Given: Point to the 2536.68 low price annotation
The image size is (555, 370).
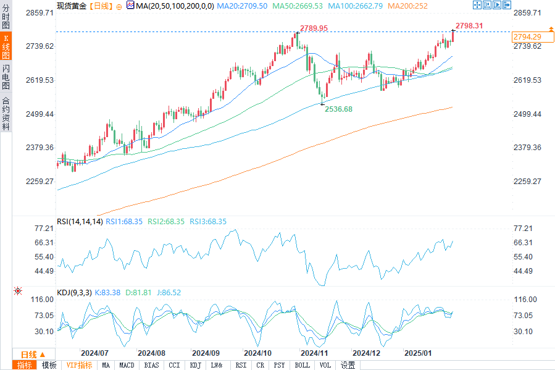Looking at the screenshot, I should tap(338, 109).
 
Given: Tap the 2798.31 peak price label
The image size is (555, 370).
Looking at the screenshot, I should tap(469, 26).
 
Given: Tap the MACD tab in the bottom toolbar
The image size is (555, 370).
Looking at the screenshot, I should tap(127, 365).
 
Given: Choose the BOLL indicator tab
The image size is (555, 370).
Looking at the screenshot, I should tap(302, 365).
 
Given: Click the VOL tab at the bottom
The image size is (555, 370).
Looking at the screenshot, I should tap(325, 365).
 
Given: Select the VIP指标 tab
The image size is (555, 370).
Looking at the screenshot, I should tap(79, 365).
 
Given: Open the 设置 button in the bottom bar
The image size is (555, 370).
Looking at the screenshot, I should tap(348, 365).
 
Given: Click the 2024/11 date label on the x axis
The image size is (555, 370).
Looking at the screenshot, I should tap(314, 353).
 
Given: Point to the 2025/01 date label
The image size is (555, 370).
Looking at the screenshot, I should tap(418, 353).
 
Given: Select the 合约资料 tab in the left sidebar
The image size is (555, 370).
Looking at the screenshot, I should tap(6, 113).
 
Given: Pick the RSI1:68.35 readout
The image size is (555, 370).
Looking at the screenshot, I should tap(124, 221).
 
